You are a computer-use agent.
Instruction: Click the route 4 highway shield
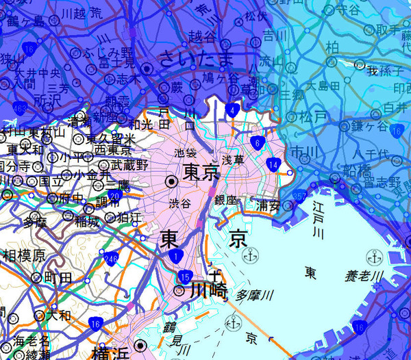click(x=234, y=110)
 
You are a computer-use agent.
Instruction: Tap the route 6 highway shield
click(x=256, y=142)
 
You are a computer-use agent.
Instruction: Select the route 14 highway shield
click(x=273, y=164)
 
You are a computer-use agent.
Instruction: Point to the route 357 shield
click(x=299, y=196)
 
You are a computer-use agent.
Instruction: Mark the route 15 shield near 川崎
click(x=186, y=276)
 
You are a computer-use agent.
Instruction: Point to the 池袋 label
click(x=185, y=152)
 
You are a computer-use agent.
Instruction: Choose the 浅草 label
click(x=233, y=159)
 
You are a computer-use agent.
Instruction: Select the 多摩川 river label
click(x=254, y=296)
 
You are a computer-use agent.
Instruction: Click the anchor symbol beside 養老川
click(x=373, y=257)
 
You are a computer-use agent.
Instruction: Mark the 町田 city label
click(x=58, y=277)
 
